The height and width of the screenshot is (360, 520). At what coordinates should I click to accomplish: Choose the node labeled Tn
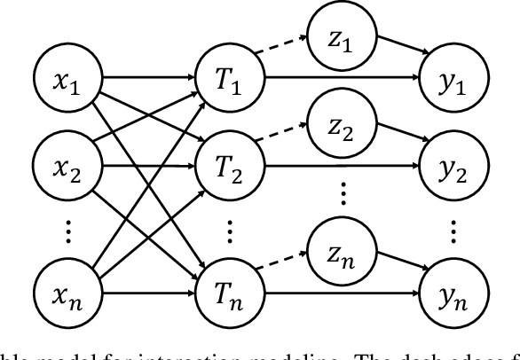(x=229, y=289)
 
